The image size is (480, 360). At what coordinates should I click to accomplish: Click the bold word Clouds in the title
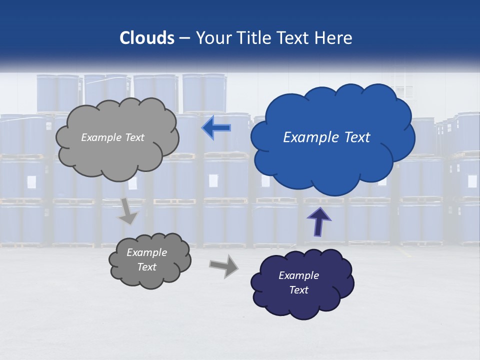pos(146,38)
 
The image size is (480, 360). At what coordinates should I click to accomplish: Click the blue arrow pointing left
pos(216,128)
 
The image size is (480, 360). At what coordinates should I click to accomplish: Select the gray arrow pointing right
pos(224,265)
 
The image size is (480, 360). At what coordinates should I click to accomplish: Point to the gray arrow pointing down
pos(127,211)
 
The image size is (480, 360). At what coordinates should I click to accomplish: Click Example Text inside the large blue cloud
pos(326,137)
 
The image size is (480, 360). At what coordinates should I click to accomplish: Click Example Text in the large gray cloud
pos(112,137)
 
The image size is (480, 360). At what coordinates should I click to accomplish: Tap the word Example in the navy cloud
pos(298,275)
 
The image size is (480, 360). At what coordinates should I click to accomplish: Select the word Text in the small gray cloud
pos(146,267)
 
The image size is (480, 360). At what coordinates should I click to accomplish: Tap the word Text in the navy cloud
pos(298,290)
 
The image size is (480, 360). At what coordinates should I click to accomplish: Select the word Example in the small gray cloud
pos(146,252)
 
